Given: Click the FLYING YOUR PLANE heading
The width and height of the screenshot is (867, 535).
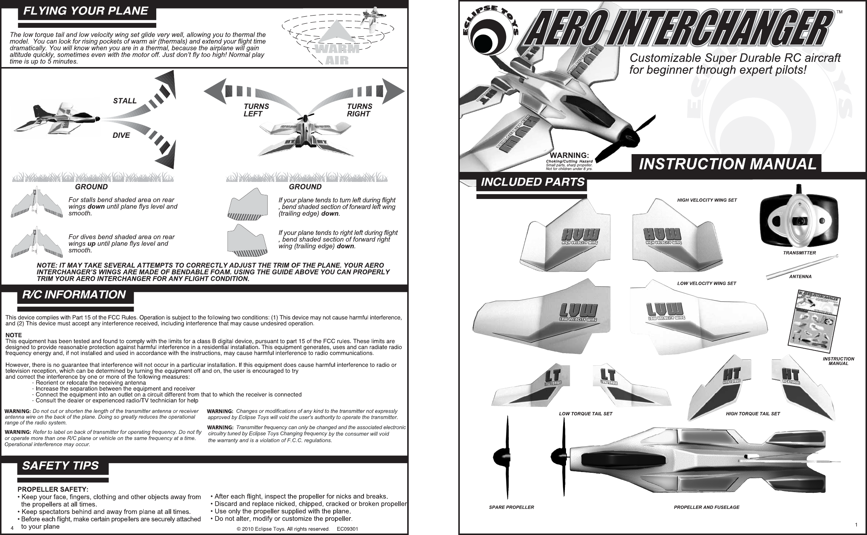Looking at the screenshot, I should coord(86,11).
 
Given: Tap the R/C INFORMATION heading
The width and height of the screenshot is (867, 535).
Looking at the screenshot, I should coord(74,295).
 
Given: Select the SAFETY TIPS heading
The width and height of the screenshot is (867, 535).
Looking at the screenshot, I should coord(61,466).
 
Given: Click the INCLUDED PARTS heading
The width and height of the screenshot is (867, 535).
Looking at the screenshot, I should coord(532,183).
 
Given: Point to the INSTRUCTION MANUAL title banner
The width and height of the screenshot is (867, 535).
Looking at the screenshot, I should coord(727,164).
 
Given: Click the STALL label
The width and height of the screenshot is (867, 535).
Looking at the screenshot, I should coord(125,101).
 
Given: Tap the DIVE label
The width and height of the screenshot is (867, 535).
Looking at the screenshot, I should coord(121,136).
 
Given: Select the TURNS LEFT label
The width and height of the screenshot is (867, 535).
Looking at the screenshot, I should coord(256,110).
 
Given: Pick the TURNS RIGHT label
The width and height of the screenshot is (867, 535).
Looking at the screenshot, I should coord(359,110).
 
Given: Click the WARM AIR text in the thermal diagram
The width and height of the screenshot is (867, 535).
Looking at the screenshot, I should coord(337,54).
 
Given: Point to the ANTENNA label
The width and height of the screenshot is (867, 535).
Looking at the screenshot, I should coord(800,277).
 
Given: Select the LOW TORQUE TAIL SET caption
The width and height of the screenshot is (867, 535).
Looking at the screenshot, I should coord(586,414).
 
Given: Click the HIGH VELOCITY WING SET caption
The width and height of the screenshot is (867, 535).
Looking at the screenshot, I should coord(707,200).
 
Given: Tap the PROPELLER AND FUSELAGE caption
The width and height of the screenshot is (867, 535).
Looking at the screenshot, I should coord(706,507).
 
